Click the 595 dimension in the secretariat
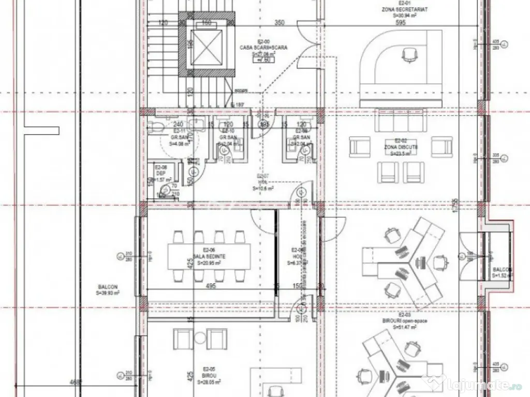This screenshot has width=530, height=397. pyautogui.click(x=401, y=23)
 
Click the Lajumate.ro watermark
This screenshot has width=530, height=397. pyautogui.click(x=474, y=384)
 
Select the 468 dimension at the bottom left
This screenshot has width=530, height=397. pyautogui.click(x=76, y=383)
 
